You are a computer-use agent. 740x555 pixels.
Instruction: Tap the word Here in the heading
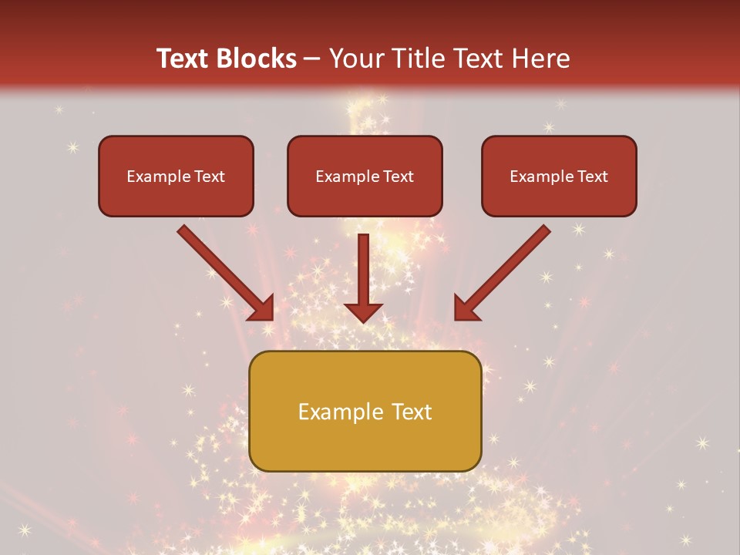[540, 59]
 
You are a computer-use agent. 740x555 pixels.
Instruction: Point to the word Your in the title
[353, 59]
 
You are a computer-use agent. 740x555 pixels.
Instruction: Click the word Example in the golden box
[332, 412]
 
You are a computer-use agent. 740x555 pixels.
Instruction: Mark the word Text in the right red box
[592, 177]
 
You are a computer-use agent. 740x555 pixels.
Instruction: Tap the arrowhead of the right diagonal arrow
[467, 308]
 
